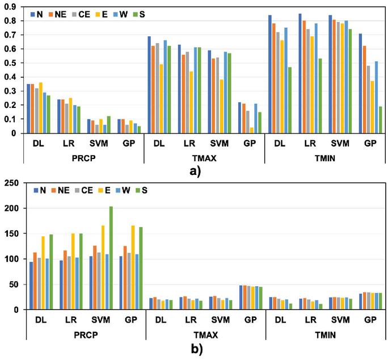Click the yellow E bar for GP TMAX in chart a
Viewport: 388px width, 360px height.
pos(251,131)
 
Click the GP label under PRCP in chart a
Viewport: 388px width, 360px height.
pos(128,144)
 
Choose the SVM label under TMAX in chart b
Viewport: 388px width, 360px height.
pos(220,321)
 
